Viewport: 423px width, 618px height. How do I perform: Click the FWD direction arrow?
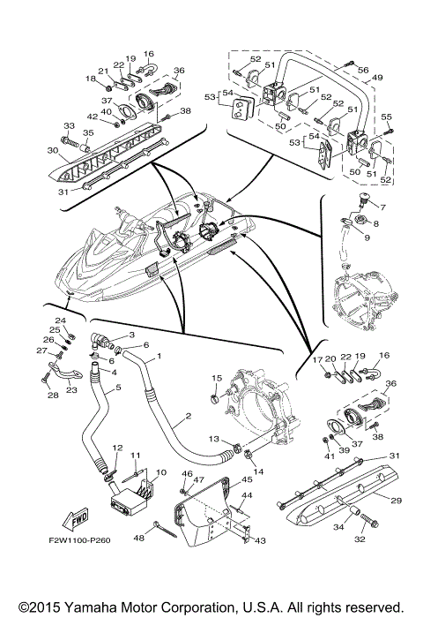[76, 519]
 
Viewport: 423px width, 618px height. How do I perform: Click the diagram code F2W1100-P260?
[79, 540]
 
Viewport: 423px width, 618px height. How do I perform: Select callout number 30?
[53, 150]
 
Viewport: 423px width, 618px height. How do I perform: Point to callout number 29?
[396, 501]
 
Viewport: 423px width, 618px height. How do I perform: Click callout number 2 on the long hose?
[188, 416]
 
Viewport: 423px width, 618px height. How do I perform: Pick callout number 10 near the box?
[161, 472]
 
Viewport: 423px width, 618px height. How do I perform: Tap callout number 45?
[247, 479]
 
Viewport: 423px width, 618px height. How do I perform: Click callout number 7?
[382, 207]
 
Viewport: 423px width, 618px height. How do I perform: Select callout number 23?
[71, 390]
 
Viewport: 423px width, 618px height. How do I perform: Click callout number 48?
[139, 538]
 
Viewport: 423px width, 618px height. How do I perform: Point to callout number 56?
[363, 70]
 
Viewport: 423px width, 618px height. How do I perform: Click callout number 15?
[217, 379]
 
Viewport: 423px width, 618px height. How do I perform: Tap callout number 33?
[69, 125]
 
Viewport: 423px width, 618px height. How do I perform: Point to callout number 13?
[213, 439]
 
